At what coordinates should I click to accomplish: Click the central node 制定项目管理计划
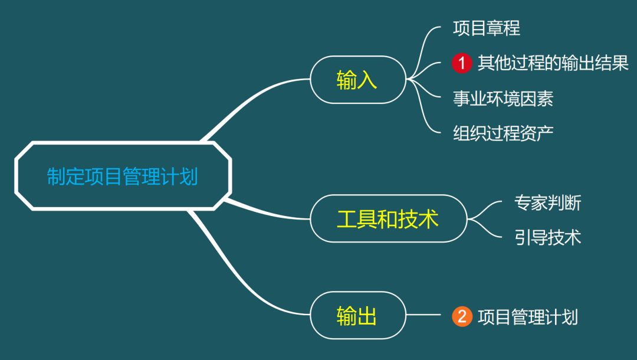tap(123, 176)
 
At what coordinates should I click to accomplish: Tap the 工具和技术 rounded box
tap(388, 218)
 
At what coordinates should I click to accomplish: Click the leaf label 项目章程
tap(486, 28)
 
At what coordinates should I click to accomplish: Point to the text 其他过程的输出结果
tap(553, 63)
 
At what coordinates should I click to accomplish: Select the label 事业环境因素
tap(503, 98)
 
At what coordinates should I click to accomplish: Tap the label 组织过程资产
tap(503, 133)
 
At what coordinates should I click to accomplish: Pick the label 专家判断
tap(547, 202)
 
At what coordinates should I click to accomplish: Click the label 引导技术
tap(547, 237)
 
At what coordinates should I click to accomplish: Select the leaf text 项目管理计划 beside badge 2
tap(527, 317)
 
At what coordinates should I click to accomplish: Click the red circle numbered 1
tap(462, 63)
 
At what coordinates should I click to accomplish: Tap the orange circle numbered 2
tap(462, 317)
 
